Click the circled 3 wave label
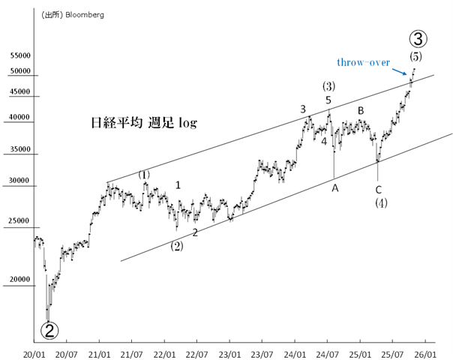tap(418, 38)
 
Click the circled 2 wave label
tap(49, 329)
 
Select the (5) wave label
tap(415, 56)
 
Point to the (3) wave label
tap(328, 86)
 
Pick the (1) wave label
tap(144, 175)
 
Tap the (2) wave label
tap(176, 245)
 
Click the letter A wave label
tap(335, 187)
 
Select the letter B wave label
tap(361, 111)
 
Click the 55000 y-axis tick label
tap(19, 55)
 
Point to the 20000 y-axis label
tap(19, 280)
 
